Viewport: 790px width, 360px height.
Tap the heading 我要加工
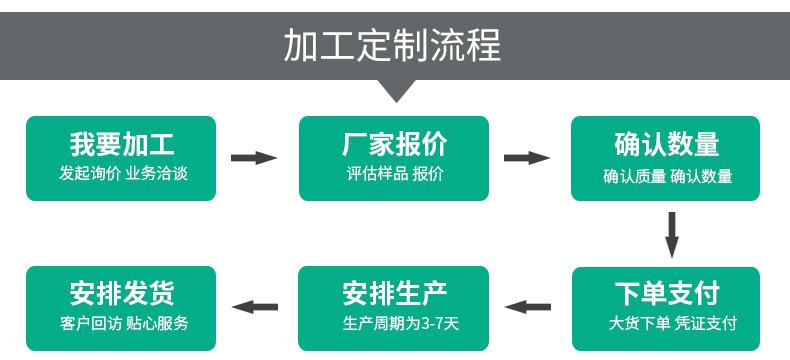tap(121, 144)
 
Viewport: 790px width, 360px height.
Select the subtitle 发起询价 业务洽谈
tap(121, 173)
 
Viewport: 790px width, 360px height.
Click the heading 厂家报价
tap(394, 144)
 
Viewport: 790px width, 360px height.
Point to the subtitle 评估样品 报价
tap(394, 173)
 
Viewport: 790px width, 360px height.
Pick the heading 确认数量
tap(667, 144)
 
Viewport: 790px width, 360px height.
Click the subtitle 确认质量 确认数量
tap(667, 177)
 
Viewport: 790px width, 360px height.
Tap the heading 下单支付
tap(667, 293)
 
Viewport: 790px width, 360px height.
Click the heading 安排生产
tap(394, 293)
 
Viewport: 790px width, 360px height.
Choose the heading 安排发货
tap(121, 293)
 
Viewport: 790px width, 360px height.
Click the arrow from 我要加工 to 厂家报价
tap(254, 158)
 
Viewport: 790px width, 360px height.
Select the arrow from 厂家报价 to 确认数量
tap(526, 158)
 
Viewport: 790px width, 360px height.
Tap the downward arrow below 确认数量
tap(672, 234)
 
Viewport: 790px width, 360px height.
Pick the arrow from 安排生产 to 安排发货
tap(254, 307)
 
